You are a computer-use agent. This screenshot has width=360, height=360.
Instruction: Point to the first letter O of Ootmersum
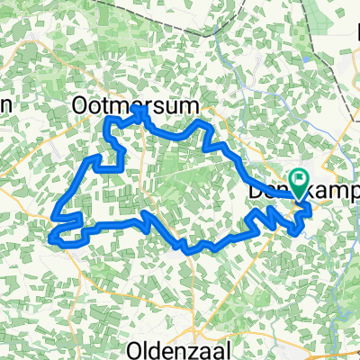point(79,106)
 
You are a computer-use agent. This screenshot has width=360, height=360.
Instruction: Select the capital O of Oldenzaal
point(137,348)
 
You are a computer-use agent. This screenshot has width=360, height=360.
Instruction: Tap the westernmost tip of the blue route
point(51,238)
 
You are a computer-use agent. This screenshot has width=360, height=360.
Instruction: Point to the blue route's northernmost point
point(138,107)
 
